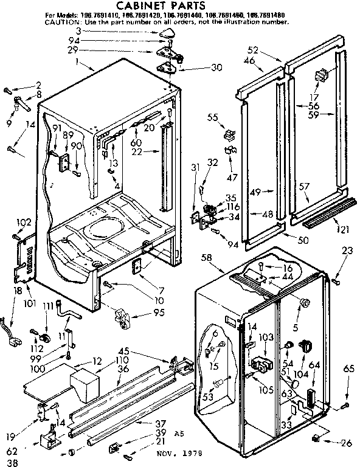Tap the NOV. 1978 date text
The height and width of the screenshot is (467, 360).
tap(179, 454)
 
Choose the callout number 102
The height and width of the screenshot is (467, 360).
tap(24, 223)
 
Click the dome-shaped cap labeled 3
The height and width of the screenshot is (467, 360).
tap(168, 32)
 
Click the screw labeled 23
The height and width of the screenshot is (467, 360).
tap(335, 281)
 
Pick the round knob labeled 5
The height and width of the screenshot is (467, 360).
tap(305, 302)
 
